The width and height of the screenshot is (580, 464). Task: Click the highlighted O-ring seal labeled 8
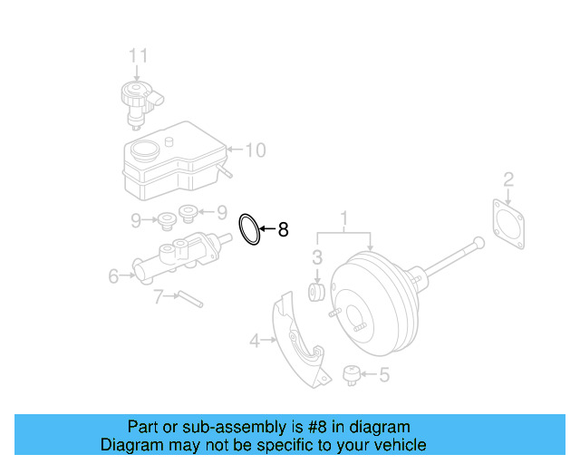[249, 229]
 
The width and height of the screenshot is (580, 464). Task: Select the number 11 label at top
[136, 56]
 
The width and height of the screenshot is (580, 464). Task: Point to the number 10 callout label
[256, 150]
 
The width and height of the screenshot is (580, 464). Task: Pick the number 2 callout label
[508, 179]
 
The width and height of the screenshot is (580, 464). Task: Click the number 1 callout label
[344, 218]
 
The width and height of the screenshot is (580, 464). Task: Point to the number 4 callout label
[256, 341]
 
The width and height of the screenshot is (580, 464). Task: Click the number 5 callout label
[383, 372]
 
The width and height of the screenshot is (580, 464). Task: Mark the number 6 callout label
[113, 275]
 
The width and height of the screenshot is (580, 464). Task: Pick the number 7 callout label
[157, 295]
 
